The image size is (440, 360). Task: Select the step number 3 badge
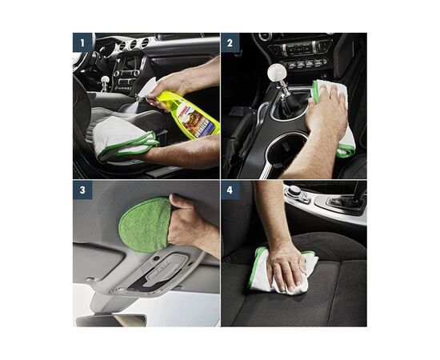click(82, 190)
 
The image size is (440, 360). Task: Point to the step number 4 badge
click(230, 190)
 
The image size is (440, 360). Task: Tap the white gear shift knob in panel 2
click(277, 74)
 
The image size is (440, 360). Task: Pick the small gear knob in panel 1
click(105, 81)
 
